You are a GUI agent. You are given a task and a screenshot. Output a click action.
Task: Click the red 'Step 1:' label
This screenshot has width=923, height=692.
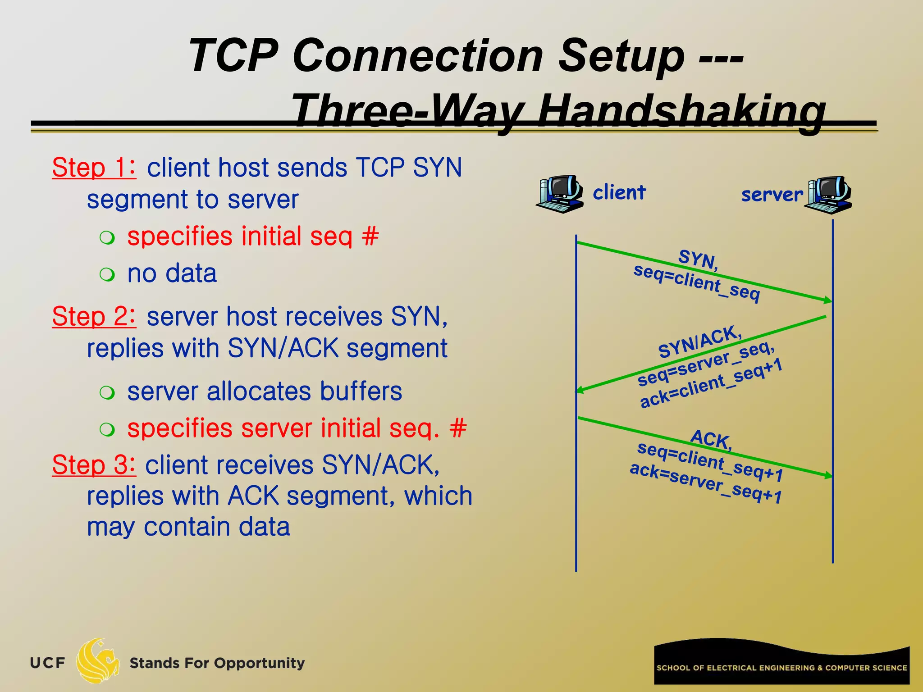tap(94, 168)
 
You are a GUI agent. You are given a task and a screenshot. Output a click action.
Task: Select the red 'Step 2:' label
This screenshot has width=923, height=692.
tap(94, 316)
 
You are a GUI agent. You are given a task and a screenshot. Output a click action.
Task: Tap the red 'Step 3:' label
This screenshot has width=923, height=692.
tap(94, 465)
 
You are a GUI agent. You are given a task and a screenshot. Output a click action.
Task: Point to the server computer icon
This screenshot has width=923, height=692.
tap(829, 195)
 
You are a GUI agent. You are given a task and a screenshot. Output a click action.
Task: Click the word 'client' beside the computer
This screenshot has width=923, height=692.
tap(619, 192)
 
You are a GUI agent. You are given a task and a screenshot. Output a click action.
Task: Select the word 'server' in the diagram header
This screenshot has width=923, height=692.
tap(772, 195)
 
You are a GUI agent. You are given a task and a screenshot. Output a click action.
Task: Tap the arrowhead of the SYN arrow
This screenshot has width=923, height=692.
tap(828, 300)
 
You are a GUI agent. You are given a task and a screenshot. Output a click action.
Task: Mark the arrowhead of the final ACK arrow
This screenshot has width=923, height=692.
tap(828, 475)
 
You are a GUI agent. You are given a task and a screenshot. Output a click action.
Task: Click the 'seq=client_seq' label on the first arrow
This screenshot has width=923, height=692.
tap(696, 283)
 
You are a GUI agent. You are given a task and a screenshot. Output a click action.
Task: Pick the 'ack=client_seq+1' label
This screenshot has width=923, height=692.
tap(711, 384)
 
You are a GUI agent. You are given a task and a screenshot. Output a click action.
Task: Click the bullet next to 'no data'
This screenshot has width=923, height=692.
tap(107, 274)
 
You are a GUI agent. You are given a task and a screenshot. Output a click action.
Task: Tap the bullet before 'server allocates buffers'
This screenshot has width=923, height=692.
tap(107, 392)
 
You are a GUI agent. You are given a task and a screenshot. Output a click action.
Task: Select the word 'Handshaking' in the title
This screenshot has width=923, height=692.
tap(682, 111)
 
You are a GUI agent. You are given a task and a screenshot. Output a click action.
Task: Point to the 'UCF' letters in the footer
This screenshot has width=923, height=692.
tap(47, 663)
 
